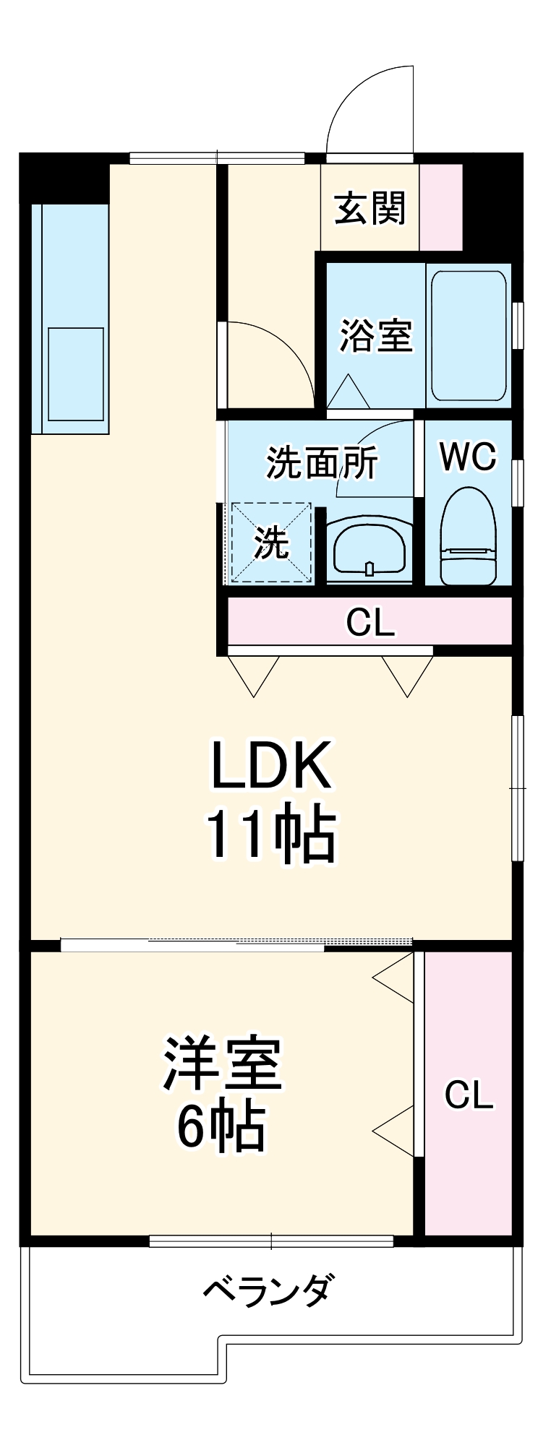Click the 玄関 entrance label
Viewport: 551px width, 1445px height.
point(370,208)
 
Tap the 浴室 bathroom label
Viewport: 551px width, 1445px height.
point(375,335)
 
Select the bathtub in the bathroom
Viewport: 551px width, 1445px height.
point(468,335)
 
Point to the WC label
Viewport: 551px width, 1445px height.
point(468,456)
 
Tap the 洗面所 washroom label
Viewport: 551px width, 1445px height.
point(322,463)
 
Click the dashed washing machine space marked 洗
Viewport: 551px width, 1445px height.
point(271,543)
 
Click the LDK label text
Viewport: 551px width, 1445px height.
point(270,764)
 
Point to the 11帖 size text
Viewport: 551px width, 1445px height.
point(270,835)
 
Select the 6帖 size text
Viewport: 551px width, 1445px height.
point(221,1128)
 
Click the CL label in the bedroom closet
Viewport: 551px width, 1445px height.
point(469,1095)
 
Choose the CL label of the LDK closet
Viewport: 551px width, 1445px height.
point(370,622)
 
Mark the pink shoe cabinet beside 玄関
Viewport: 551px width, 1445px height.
point(440,208)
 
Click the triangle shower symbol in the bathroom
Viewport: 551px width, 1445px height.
point(349,394)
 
